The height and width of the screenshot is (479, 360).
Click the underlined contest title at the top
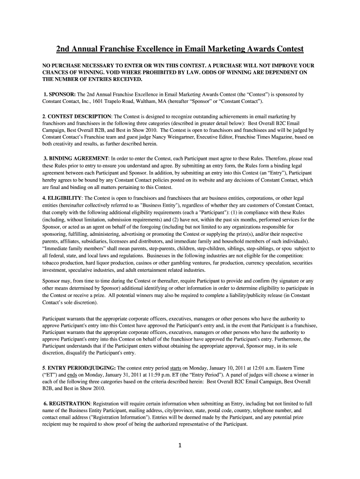[180, 49]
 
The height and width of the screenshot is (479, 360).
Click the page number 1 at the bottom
[180, 445]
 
